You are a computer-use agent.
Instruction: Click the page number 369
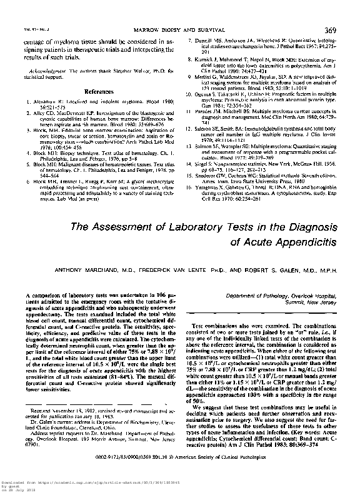tap(342, 29)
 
